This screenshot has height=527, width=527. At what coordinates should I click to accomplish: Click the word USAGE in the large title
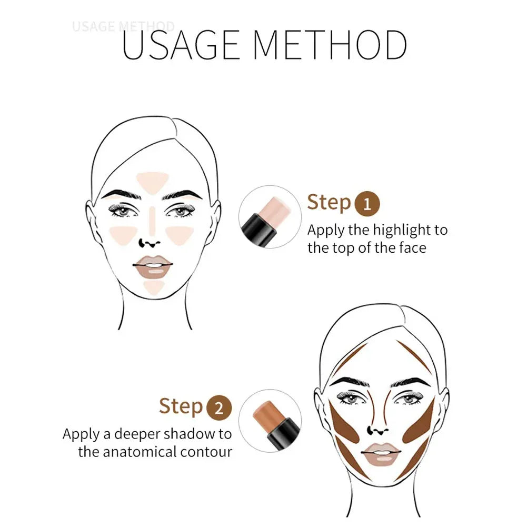point(181,45)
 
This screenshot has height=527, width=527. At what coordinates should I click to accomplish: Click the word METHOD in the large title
point(331,45)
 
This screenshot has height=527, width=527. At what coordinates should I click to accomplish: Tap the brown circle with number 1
point(367,204)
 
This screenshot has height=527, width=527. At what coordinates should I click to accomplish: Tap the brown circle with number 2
point(219,407)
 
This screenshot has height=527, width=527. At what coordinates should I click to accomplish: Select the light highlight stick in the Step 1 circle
point(266,218)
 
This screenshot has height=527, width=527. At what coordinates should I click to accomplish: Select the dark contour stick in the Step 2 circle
point(276,424)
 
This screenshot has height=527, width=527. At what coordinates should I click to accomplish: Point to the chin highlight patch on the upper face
point(154,287)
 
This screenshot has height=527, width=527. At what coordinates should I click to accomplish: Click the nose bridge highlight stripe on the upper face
point(152,221)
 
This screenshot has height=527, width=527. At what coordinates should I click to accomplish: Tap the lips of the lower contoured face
point(381,454)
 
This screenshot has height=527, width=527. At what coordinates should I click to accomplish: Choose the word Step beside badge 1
point(329,203)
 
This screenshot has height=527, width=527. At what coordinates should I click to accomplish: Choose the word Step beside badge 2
point(181,406)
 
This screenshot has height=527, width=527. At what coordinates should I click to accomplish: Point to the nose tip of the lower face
point(378,431)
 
